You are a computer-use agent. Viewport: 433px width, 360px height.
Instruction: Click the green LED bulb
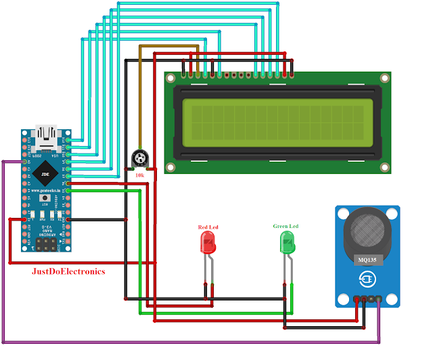(288, 242)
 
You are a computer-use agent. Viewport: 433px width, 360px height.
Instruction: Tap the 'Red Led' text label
(208, 227)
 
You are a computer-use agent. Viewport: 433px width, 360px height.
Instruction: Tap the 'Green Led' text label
(286, 226)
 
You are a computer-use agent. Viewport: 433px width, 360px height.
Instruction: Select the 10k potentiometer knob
(139, 160)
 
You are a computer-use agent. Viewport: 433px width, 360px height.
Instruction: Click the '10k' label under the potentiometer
(140, 175)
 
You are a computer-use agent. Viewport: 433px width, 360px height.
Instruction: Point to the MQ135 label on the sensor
(366, 258)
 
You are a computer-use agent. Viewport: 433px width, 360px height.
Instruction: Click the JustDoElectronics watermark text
(69, 271)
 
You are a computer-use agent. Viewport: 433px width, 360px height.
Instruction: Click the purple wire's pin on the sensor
(378, 299)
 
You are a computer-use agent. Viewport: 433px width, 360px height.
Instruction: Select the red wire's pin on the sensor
(363, 299)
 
